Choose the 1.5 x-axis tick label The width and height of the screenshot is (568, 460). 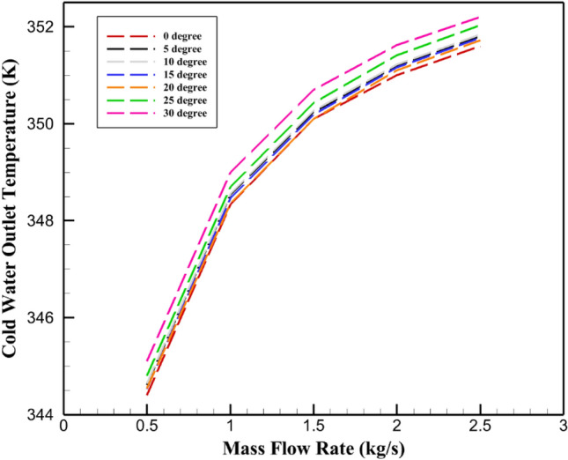(313, 427)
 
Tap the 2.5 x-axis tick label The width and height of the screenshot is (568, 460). (479, 427)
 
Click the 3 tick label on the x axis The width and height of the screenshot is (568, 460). (561, 427)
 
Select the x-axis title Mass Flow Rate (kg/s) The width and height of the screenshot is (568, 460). (312, 448)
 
